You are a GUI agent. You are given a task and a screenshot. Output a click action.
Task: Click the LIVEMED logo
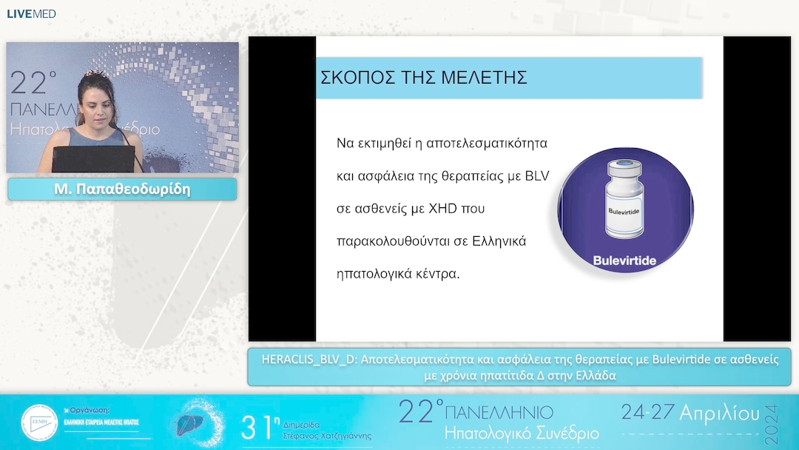point(31,13)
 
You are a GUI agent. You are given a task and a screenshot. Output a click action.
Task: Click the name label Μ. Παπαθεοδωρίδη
point(122,189)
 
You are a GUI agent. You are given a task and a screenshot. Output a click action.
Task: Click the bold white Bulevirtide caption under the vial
point(625,261)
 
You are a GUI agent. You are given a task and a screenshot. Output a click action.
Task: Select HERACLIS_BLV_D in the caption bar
point(307,360)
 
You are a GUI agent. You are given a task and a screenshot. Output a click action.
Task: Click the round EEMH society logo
point(39,423)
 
